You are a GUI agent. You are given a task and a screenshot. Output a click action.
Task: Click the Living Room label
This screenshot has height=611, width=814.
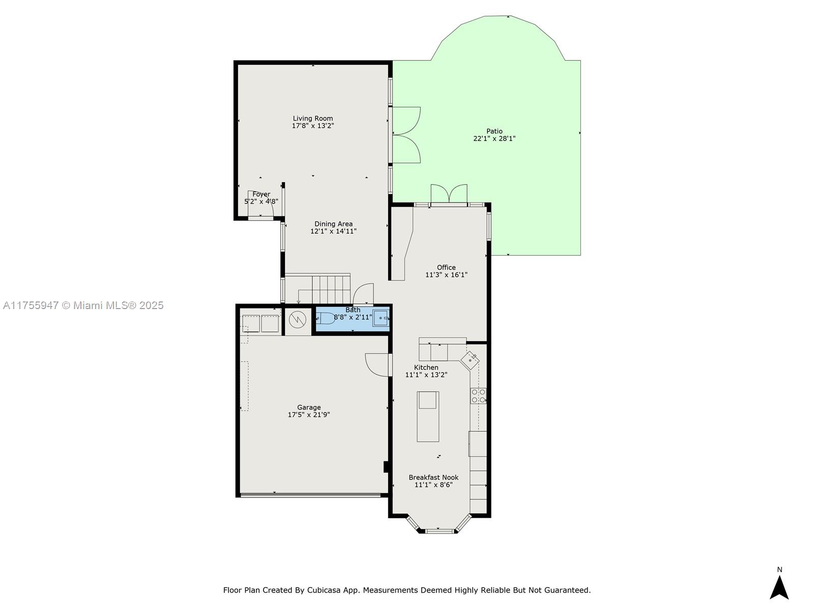312,118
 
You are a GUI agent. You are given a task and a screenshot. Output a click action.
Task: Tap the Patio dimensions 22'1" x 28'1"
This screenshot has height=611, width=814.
495,138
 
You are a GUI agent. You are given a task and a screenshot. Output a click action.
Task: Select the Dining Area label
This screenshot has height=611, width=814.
333,224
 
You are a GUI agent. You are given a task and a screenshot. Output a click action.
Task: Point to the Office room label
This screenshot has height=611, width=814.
446,267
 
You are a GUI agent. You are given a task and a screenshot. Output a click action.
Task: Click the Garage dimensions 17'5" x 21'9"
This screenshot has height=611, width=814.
309,414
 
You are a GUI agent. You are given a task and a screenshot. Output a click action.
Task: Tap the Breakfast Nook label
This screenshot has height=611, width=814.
433,478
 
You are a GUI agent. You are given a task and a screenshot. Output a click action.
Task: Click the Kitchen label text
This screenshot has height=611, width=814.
426,367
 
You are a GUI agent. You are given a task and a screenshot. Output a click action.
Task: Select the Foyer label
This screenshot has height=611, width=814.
261,194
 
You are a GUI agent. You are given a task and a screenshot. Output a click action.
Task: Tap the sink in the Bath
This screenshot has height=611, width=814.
381,318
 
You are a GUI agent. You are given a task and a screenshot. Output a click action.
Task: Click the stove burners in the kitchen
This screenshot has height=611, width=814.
478,396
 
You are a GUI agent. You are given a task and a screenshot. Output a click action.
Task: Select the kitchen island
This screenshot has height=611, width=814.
428,416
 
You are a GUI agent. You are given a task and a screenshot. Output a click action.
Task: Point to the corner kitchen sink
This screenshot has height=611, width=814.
470,360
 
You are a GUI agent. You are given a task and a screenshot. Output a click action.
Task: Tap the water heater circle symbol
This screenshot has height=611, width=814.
298,320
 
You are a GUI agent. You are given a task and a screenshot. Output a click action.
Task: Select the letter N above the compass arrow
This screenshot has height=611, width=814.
779,569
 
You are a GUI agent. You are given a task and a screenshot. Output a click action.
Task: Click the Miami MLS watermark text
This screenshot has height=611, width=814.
83,305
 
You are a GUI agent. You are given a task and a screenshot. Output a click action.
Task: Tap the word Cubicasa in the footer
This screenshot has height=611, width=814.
324,590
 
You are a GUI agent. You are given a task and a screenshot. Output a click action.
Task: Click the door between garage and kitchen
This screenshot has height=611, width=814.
379,365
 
